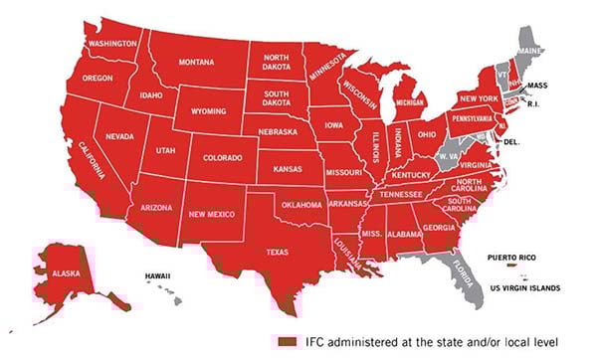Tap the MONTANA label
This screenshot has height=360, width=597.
coord(204,62)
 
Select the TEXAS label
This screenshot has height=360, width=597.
coord(278,253)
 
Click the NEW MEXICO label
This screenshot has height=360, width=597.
coord(211,213)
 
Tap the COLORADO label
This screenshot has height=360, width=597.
coord(221,157)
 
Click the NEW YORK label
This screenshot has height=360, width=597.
coord(478,98)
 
